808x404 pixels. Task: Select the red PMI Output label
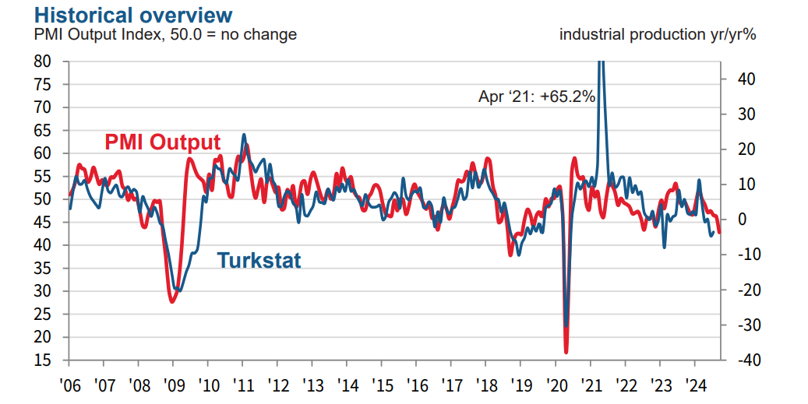[x=163, y=142]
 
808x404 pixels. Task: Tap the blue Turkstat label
[x=259, y=259]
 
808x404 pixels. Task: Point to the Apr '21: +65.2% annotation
[x=536, y=97]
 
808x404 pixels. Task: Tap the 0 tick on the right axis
[x=740, y=220]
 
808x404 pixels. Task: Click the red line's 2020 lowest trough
[x=566, y=352]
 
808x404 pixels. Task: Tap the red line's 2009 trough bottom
[x=172, y=301]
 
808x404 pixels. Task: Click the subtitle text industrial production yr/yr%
[x=658, y=35]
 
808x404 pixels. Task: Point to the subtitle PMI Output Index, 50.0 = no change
[x=166, y=35]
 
